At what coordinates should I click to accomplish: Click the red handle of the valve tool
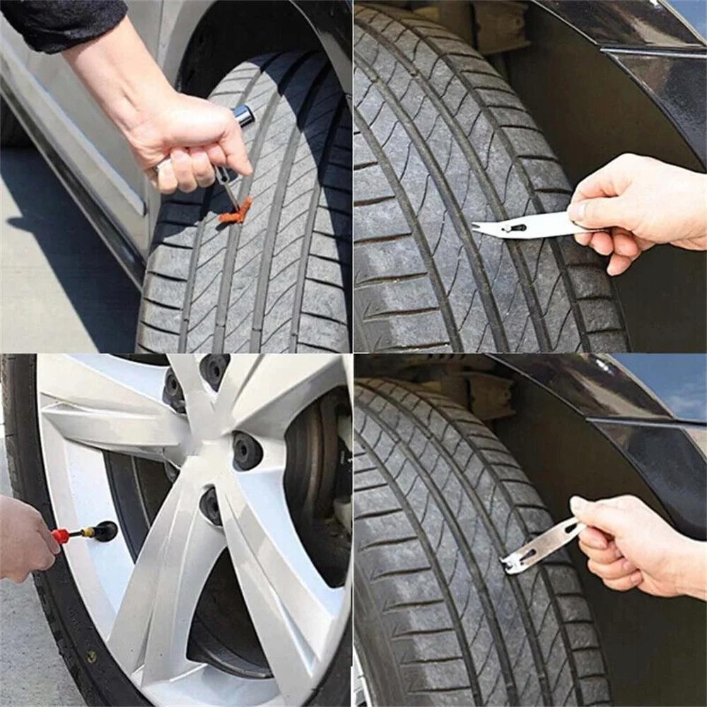pyautogui.click(x=62, y=536)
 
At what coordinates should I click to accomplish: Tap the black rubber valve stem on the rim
pyautogui.click(x=106, y=530)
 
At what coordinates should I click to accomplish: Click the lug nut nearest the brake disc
pyautogui.click(x=247, y=450)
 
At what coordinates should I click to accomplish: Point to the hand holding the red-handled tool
pyautogui.click(x=25, y=537)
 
